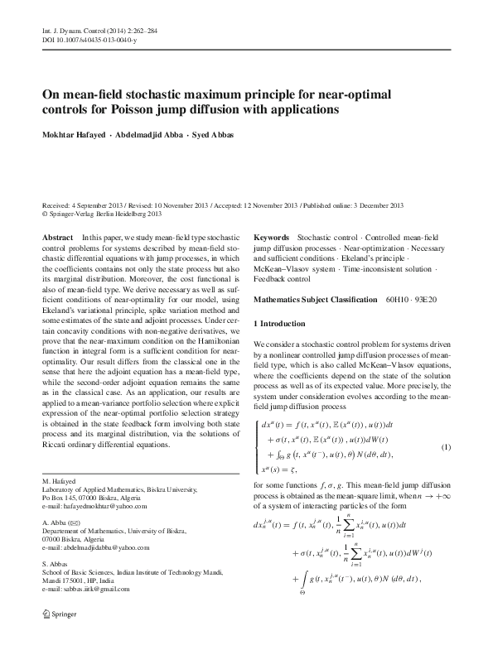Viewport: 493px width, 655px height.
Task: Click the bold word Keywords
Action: click(271, 237)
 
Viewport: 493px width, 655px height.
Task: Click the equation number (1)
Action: click(445, 448)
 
